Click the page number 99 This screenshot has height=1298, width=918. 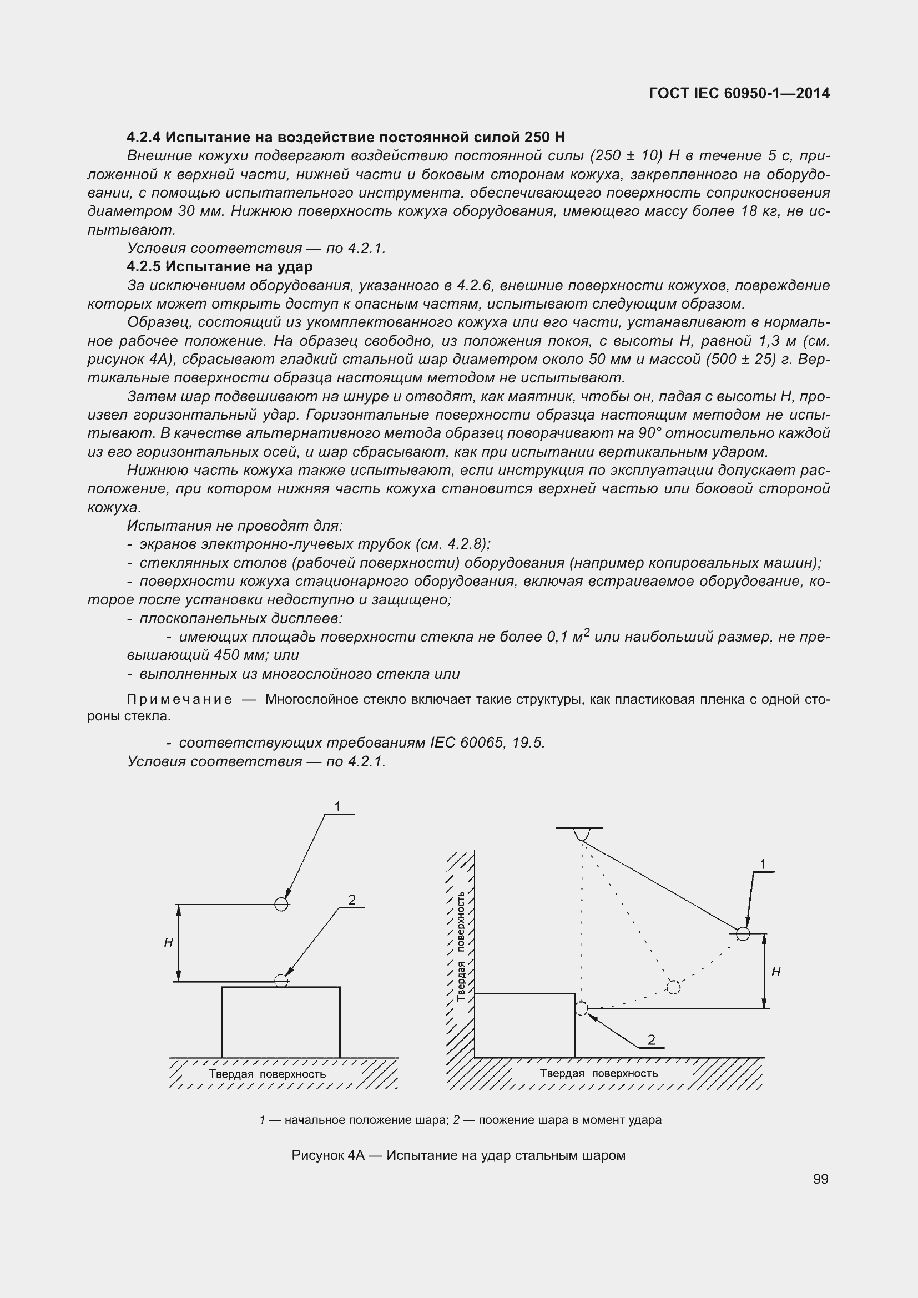point(820,1179)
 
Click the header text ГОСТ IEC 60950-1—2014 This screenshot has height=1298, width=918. point(739,94)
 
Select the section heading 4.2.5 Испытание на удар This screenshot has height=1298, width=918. point(220,266)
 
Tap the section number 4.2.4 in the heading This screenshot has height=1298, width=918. point(144,138)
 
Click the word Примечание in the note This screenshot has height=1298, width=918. point(179,699)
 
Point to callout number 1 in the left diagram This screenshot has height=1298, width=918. point(337,807)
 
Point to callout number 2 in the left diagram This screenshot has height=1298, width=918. point(351,900)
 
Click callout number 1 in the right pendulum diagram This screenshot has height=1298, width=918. point(763,864)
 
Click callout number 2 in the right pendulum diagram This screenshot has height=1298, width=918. point(651,1039)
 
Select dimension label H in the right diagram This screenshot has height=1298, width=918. point(776,971)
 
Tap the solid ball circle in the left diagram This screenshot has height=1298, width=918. point(281,904)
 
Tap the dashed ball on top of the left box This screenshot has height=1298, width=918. point(281,980)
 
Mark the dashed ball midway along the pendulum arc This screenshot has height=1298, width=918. point(673,987)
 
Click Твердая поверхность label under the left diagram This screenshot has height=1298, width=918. point(268,1074)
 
